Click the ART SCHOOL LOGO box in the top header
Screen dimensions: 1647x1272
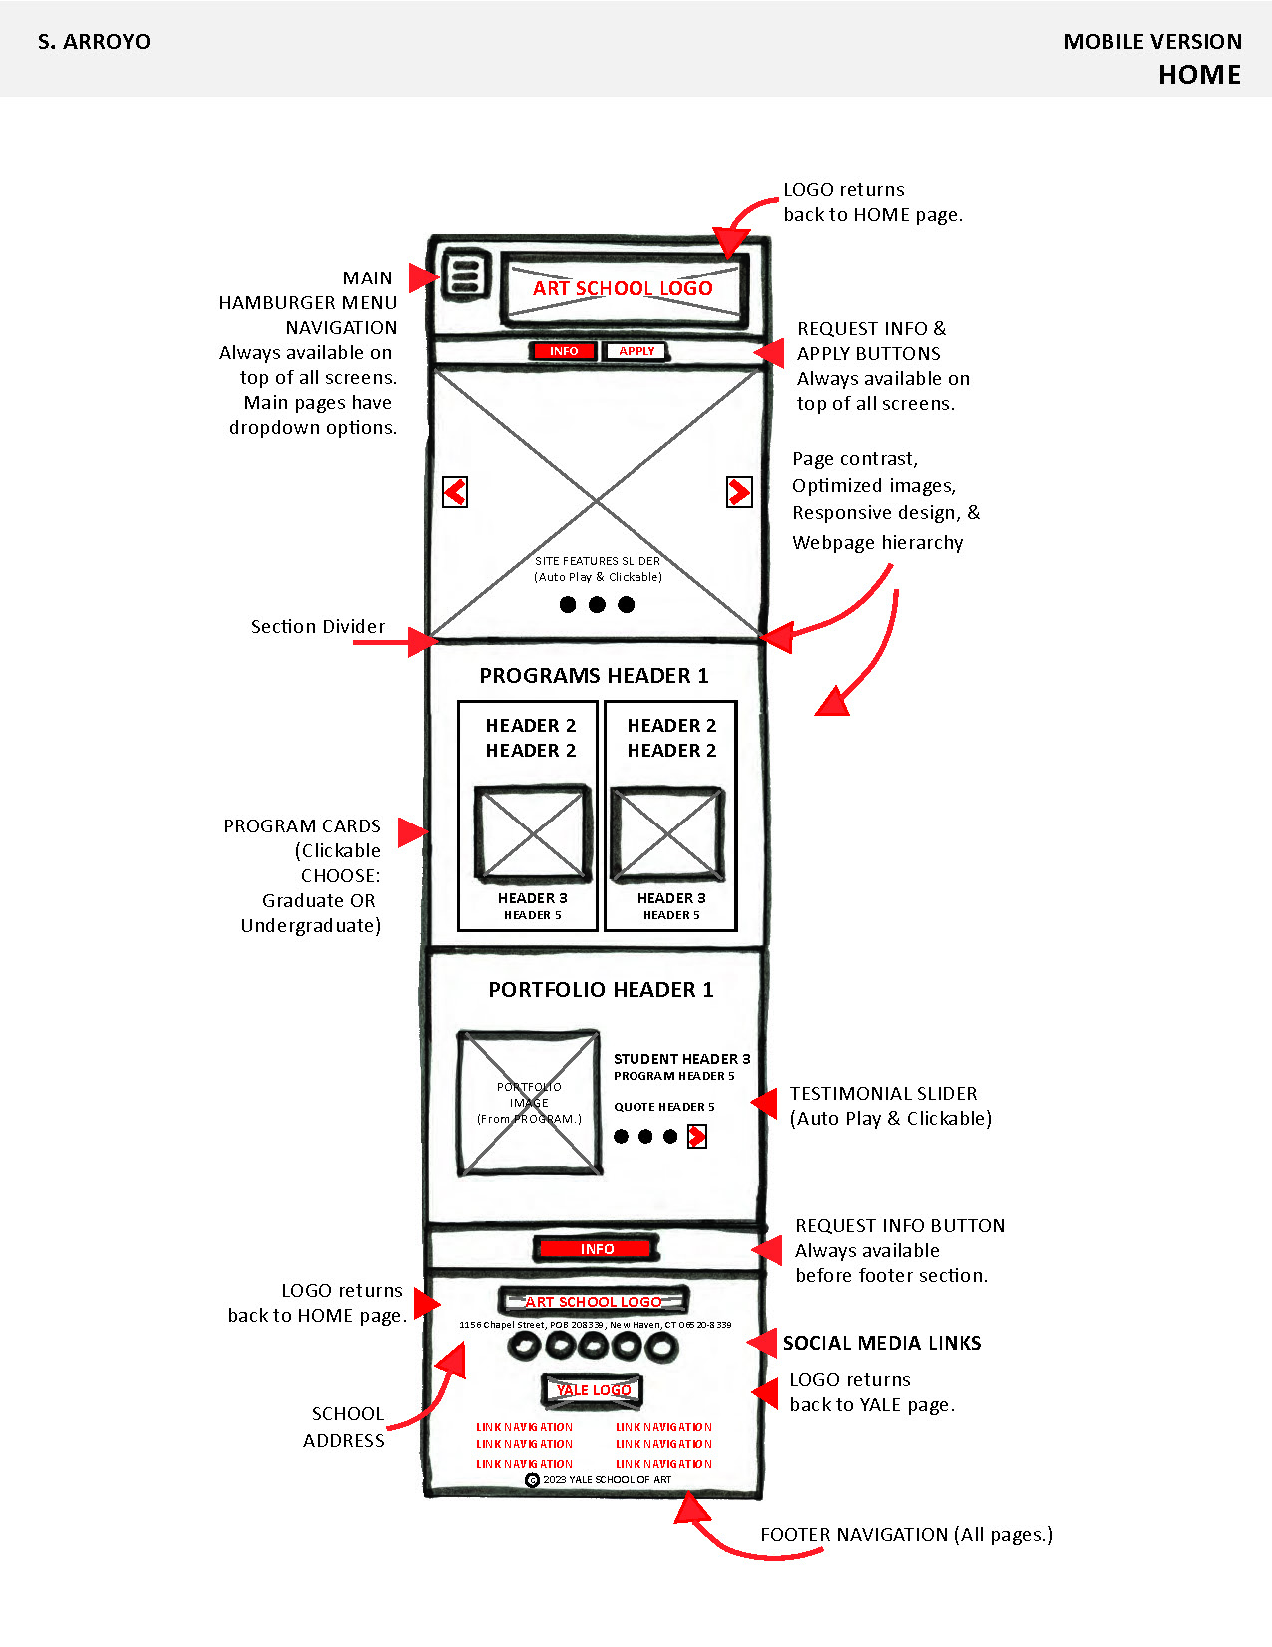[x=624, y=288]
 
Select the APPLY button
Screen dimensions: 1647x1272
[x=636, y=351]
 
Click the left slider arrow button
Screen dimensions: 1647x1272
[x=455, y=492]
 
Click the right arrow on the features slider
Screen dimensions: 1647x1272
[x=739, y=492]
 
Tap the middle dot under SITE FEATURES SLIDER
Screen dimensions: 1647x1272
[x=597, y=605]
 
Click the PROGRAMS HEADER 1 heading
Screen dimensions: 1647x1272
[x=594, y=676]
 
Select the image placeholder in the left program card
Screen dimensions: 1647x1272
[x=533, y=834]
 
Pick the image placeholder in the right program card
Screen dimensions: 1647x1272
[x=667, y=834]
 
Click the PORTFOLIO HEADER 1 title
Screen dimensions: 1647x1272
[x=601, y=990]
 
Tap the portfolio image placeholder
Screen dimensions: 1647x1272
[x=529, y=1103]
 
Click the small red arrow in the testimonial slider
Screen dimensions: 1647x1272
[x=697, y=1137]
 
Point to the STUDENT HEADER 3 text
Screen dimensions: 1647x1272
[x=681, y=1059]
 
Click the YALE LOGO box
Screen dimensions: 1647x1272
[x=594, y=1390]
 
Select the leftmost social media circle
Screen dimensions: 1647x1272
[x=525, y=1347]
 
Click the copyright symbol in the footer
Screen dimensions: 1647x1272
[x=532, y=1480]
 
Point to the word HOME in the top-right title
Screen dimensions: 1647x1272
[x=1199, y=76]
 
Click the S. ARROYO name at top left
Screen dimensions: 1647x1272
[x=94, y=42]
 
